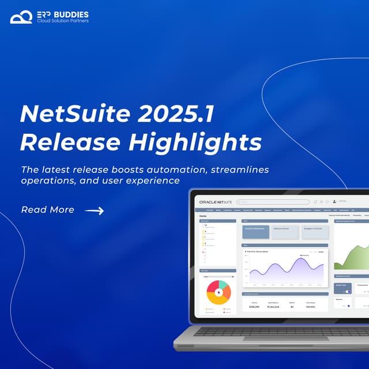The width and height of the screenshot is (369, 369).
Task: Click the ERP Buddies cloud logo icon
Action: [x=21, y=16]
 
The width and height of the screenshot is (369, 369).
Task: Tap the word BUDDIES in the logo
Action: [x=73, y=13]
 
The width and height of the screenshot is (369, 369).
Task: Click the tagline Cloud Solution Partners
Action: [x=63, y=21]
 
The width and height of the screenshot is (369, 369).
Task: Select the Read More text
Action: [x=47, y=210]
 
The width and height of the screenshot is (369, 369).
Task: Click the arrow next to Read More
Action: [x=94, y=211]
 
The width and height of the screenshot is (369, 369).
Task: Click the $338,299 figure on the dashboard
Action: [x=254, y=307]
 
